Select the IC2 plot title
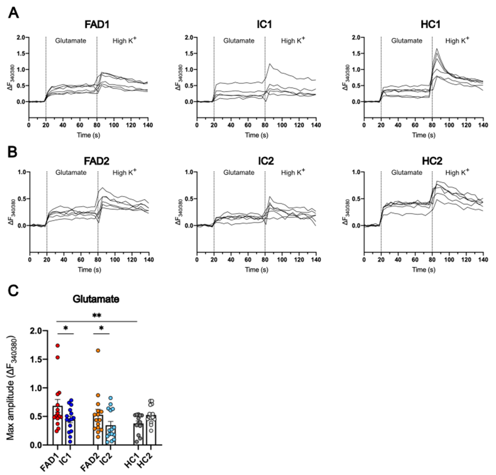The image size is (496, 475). point(266,161)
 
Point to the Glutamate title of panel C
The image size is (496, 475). point(96,299)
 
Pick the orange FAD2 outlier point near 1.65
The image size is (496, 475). point(98,350)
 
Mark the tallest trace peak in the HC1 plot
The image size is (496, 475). point(437,49)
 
